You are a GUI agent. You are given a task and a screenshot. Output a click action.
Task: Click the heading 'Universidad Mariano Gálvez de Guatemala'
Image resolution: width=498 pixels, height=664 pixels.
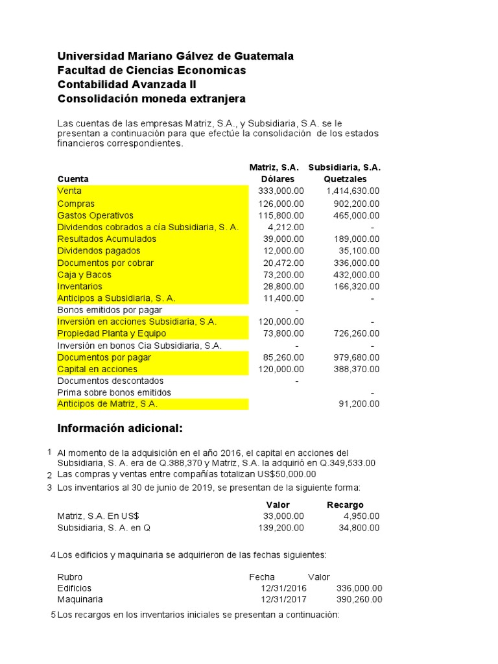click(x=175, y=56)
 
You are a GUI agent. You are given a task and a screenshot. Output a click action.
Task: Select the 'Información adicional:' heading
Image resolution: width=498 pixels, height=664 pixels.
click(x=120, y=428)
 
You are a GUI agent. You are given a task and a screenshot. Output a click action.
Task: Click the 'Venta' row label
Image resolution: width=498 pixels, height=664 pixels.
click(x=69, y=191)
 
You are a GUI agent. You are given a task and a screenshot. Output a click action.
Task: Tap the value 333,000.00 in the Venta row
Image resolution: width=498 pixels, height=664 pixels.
click(x=280, y=191)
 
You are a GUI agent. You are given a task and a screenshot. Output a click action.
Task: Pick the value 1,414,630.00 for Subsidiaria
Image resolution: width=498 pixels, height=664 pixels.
click(x=353, y=191)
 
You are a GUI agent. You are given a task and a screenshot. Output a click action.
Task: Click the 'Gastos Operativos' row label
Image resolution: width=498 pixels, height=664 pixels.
click(x=95, y=215)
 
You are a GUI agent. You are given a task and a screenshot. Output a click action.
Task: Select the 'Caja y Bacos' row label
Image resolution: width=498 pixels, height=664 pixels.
click(x=84, y=275)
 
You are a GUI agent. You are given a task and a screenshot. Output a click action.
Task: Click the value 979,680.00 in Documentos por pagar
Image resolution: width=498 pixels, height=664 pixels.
click(x=355, y=357)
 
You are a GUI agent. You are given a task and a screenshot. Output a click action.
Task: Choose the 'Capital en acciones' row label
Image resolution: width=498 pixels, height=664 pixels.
click(x=97, y=370)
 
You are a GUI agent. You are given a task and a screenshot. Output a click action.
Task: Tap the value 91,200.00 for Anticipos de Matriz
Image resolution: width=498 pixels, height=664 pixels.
click(x=359, y=403)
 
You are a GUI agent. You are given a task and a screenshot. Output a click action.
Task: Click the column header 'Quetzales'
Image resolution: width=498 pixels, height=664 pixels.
click(x=344, y=179)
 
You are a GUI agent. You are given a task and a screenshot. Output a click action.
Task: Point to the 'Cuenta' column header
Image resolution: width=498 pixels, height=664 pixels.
click(x=73, y=179)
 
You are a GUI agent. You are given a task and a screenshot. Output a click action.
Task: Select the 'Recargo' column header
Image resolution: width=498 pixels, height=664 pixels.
click(x=345, y=504)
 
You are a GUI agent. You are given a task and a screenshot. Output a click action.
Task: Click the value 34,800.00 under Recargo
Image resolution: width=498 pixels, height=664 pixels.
click(x=359, y=528)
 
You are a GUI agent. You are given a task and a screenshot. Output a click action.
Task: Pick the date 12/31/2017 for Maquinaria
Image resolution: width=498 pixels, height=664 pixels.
click(x=283, y=599)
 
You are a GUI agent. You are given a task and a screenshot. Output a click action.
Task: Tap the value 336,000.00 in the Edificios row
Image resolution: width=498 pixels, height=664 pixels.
click(x=359, y=587)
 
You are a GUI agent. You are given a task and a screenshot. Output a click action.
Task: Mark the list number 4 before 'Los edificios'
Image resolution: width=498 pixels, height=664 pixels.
click(x=53, y=555)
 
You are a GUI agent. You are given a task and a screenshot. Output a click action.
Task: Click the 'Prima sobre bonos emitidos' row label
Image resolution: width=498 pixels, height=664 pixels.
click(x=114, y=392)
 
